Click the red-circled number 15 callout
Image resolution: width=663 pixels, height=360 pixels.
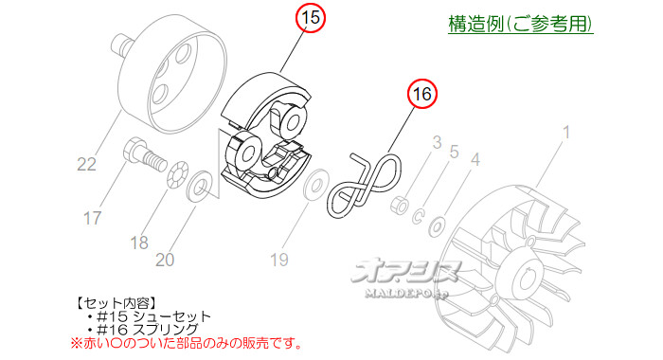[310, 17]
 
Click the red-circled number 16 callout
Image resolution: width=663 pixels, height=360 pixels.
[421, 94]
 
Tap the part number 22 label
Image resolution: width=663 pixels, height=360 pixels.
[86, 165]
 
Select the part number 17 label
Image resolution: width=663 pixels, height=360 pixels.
[91, 219]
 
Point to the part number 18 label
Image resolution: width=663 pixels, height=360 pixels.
[139, 242]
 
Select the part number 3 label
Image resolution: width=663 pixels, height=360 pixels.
[437, 143]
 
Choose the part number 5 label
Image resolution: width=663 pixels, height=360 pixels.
[454, 152]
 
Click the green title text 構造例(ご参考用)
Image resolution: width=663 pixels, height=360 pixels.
[520, 23]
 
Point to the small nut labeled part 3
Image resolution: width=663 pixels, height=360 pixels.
[402, 203]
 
